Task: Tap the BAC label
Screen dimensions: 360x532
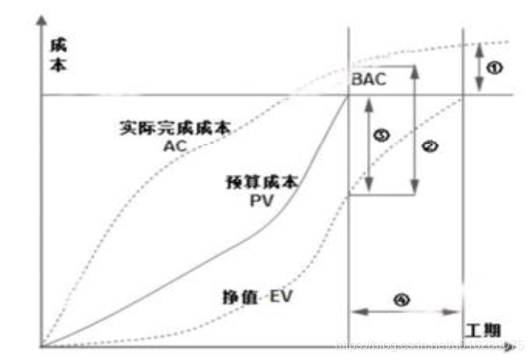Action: coord(369,81)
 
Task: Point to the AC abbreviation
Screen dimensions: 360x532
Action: coord(175,147)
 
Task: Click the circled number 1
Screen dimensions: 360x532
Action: coord(497,68)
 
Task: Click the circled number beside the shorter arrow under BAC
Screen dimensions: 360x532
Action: coord(383,137)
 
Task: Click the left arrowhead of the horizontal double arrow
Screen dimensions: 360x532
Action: coord(355,310)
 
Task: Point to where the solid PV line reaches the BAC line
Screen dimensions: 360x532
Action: coord(348,95)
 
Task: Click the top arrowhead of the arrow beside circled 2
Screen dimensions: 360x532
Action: coord(414,70)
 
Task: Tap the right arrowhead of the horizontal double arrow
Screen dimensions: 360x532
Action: coord(458,310)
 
